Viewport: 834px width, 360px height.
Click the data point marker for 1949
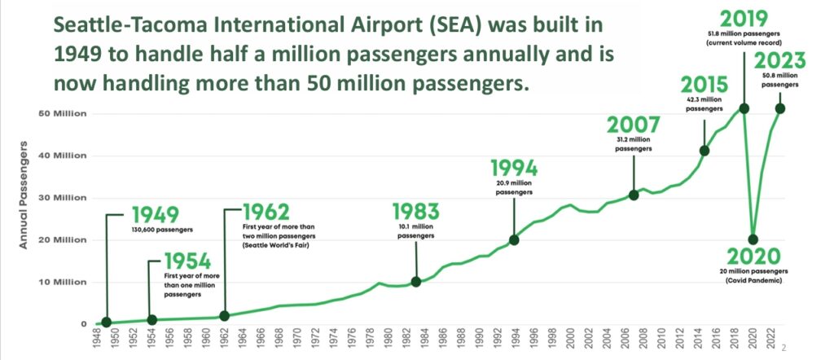pyautogui.click(x=107, y=322)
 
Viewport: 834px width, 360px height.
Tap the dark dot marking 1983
pyautogui.click(x=416, y=282)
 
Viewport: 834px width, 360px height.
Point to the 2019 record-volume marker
pyautogui.click(x=744, y=108)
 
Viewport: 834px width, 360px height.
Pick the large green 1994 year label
pyautogui.click(x=514, y=169)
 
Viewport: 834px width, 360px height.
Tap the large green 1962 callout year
pyautogui.click(x=267, y=210)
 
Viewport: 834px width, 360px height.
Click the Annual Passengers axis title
pyautogui.click(x=24, y=196)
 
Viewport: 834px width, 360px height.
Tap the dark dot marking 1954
pyautogui.click(x=151, y=319)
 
